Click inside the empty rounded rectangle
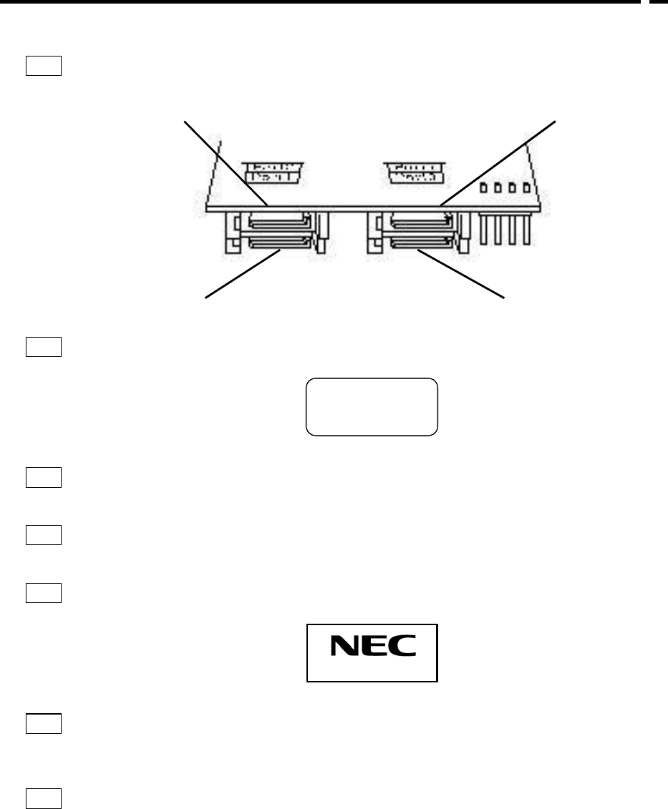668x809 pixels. [372, 406]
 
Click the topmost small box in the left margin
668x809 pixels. [44, 66]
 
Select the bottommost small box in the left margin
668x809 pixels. [44, 798]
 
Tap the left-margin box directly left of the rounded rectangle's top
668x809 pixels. [44, 347]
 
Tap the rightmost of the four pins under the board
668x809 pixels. [528, 230]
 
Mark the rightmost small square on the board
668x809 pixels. [528, 189]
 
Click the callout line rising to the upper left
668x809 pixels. [226, 163]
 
